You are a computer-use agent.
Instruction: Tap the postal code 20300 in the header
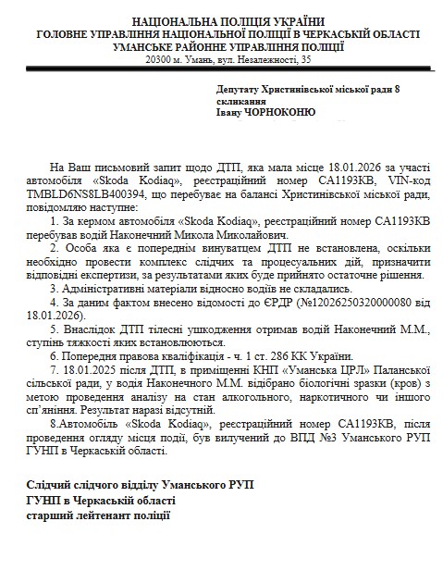click(159, 60)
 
